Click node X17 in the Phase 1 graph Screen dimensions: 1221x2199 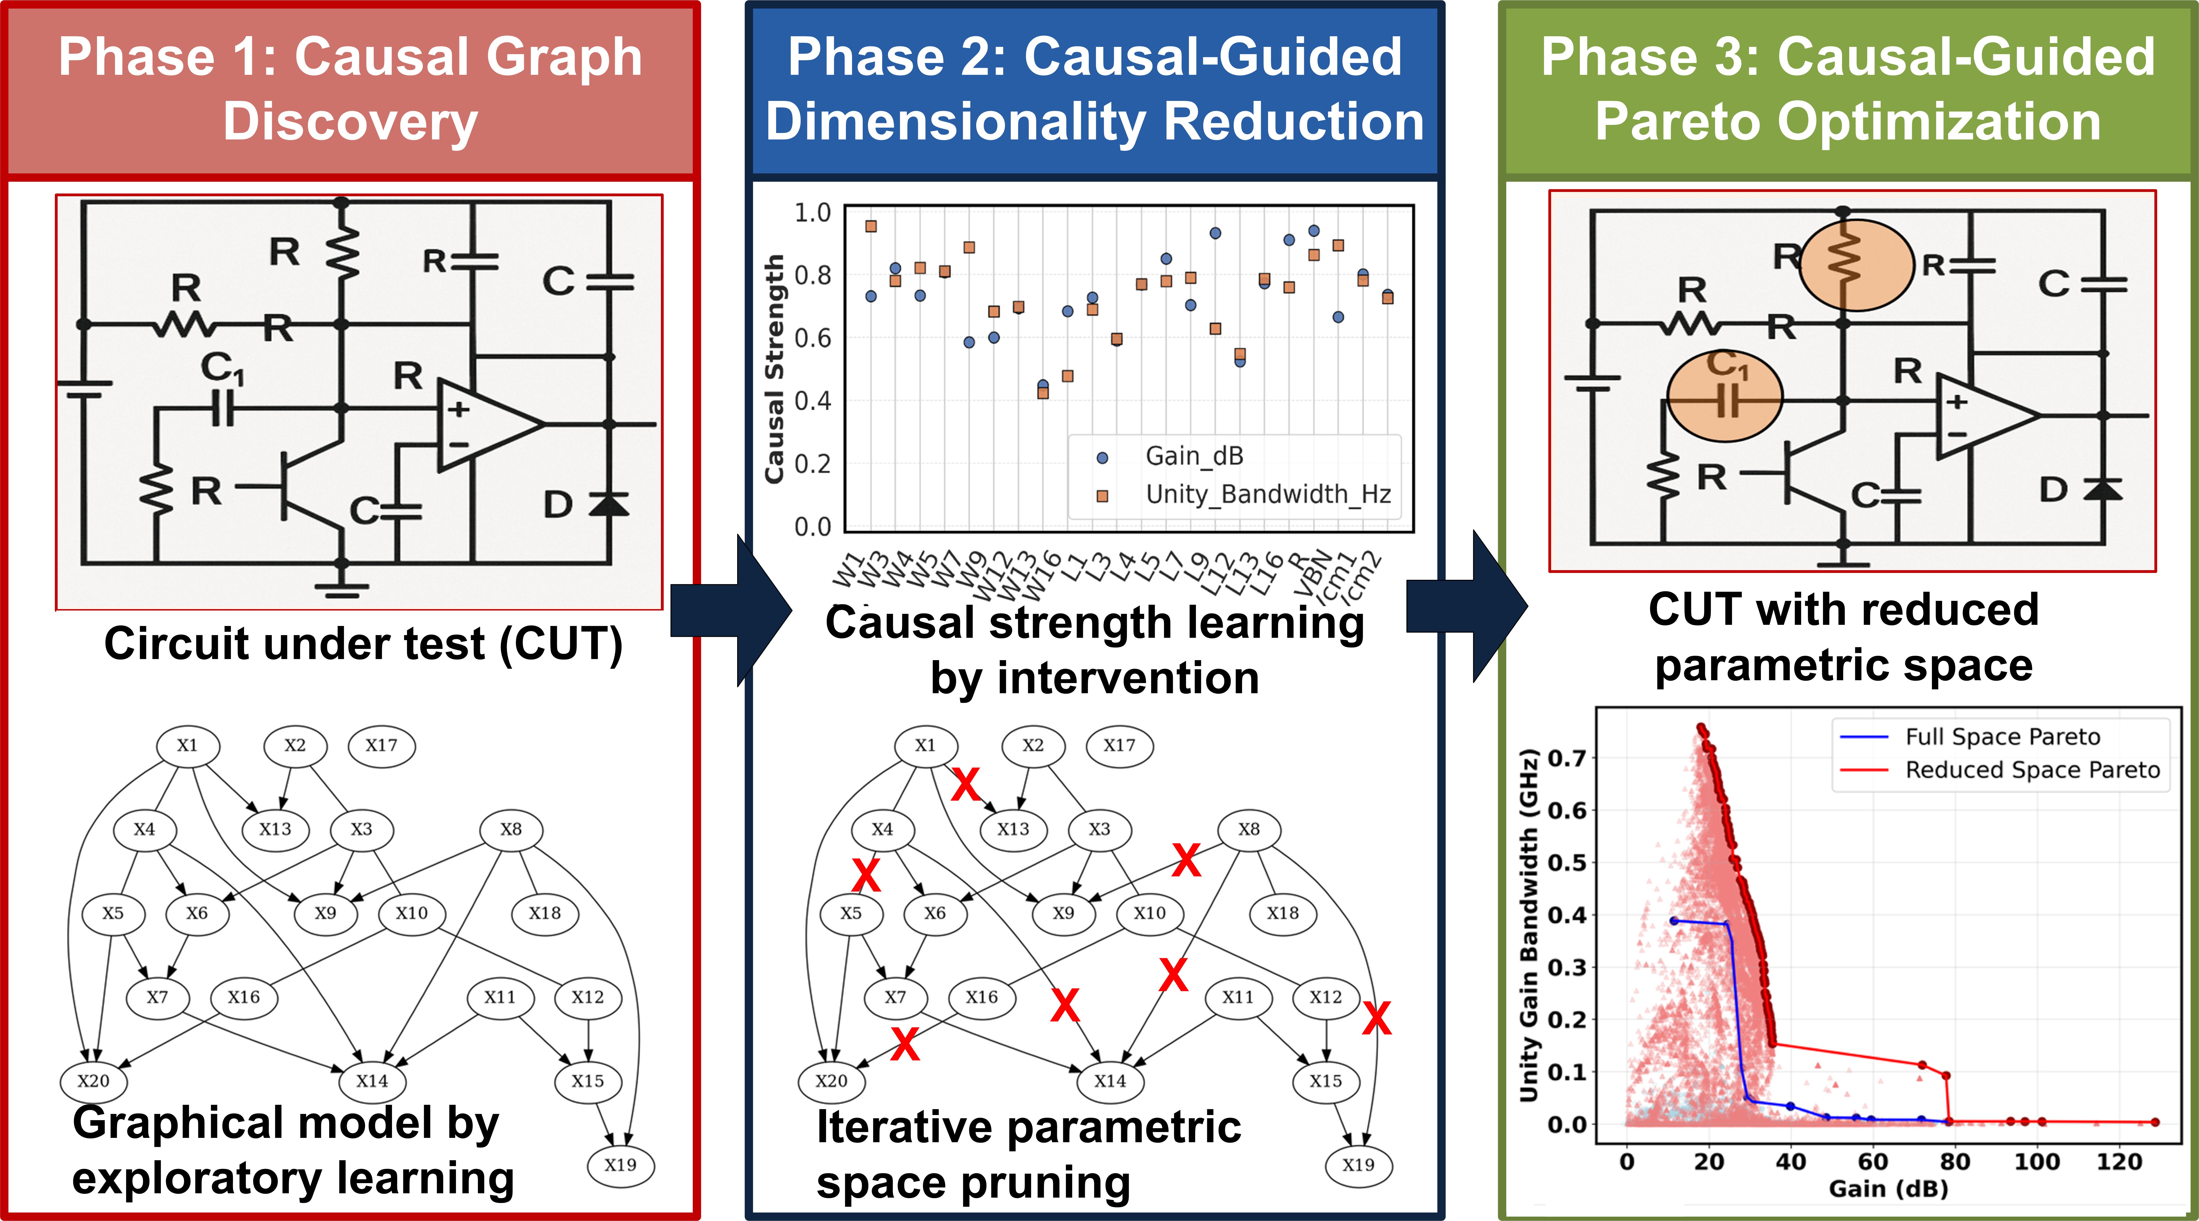click(x=382, y=745)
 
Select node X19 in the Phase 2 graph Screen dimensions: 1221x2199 click(x=1358, y=1165)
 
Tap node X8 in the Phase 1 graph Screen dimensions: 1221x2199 click(x=510, y=829)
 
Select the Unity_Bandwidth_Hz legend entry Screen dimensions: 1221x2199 click(x=1267, y=494)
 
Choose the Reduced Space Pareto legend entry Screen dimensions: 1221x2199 click(x=2032, y=770)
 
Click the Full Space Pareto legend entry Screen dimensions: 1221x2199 click(x=2002, y=737)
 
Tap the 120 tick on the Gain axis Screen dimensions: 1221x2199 click(x=2119, y=1162)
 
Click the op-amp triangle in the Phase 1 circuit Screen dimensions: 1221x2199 click(x=487, y=423)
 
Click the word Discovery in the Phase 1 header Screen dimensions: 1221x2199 click(x=350, y=121)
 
